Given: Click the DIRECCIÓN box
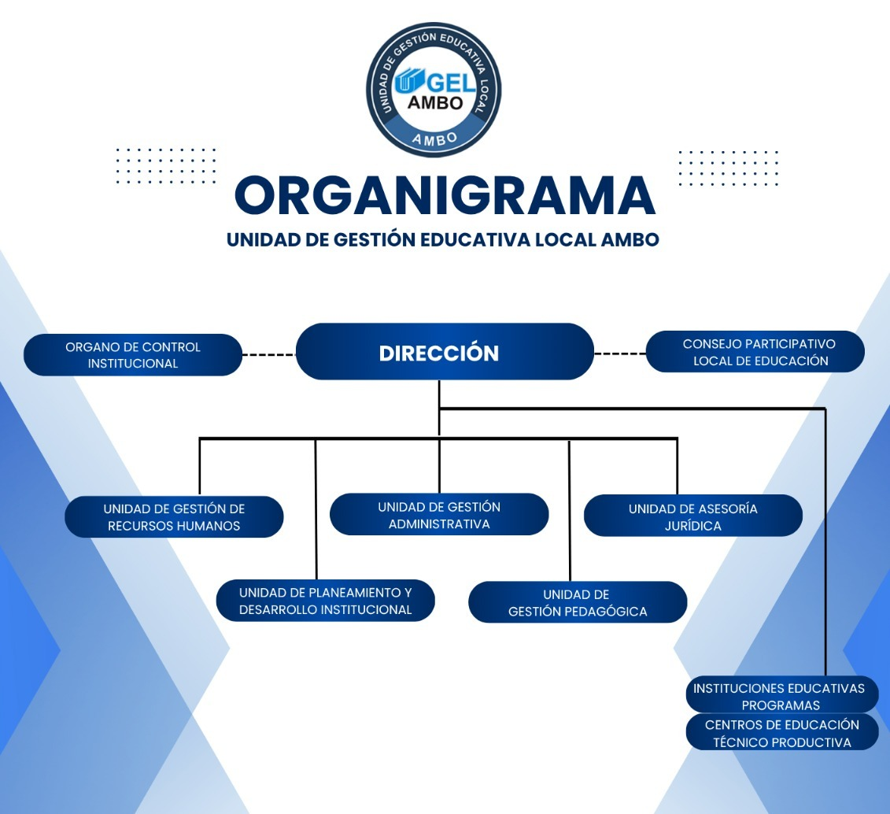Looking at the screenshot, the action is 445,351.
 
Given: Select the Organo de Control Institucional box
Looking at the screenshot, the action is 133,355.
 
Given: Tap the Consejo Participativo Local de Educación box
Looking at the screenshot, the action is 755,352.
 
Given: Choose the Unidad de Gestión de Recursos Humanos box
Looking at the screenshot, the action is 174,517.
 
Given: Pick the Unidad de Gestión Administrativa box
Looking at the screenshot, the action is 439,515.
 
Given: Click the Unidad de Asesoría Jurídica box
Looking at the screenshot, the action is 693,516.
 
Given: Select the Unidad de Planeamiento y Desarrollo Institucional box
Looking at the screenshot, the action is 326,601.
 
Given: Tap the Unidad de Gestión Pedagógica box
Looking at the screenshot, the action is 578,602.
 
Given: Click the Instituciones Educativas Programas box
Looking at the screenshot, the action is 781,695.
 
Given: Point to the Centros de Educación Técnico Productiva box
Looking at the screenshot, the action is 781,732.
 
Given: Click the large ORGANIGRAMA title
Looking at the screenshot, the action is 445,195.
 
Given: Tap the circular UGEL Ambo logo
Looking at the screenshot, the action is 434,91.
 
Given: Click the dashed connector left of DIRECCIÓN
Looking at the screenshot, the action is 269,355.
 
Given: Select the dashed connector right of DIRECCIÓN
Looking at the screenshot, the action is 620,353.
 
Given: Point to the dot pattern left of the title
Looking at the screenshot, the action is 166,166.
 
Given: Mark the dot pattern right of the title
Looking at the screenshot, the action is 728,168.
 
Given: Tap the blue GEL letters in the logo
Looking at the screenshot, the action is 451,83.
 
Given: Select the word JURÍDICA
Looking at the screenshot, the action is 693,526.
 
